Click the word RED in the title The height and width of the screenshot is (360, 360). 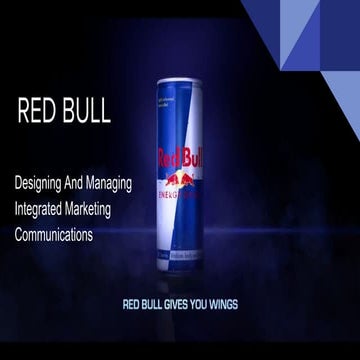point(37,112)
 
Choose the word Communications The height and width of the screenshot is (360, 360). point(67,237)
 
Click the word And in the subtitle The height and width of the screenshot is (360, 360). point(92,185)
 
